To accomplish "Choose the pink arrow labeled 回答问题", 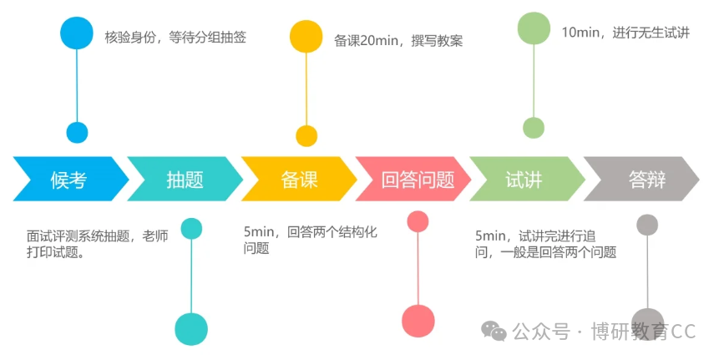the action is [413, 179].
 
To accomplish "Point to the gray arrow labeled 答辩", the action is [642, 179].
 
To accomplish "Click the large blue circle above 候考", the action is [77, 33].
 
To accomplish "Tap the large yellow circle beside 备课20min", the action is [306, 36].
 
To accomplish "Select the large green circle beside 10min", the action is [534, 28].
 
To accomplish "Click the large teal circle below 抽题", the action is [191, 329].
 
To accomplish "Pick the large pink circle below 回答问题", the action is [418, 321].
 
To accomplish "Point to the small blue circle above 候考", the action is [77, 133].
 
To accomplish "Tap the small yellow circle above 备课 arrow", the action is [306, 136].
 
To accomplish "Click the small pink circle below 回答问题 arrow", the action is [418, 222].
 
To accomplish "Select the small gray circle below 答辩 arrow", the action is [647, 226].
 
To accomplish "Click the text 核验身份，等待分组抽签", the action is [175, 37].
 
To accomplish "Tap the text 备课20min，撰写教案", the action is [398, 41].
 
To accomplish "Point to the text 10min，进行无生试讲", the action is [626, 33].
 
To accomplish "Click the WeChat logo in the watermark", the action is [494, 331].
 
